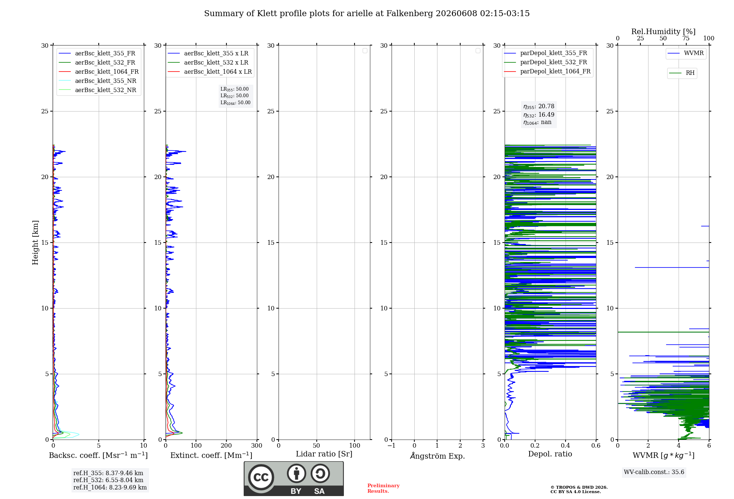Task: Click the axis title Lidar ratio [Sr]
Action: (324, 454)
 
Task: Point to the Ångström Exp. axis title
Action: (437, 456)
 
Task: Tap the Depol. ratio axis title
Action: (550, 454)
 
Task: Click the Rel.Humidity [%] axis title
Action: (664, 32)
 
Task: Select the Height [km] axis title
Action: (35, 243)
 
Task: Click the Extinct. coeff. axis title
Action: (211, 455)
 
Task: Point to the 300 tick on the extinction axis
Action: (257, 446)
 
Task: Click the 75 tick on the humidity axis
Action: (686, 39)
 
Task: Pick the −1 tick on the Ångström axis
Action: (392, 446)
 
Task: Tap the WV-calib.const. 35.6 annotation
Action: (654, 472)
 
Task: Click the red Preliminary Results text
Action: (384, 488)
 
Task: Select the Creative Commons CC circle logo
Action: (261, 477)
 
